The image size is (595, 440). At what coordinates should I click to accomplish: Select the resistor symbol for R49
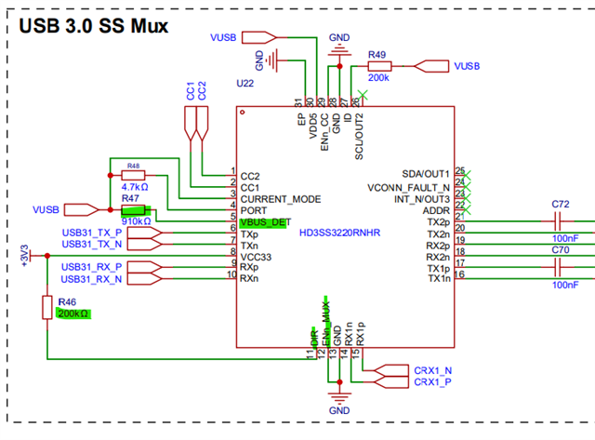378,66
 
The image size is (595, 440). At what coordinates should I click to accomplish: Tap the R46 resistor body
46,307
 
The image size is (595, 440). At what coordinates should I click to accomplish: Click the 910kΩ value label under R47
136,221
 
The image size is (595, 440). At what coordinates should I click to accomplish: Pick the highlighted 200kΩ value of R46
73,314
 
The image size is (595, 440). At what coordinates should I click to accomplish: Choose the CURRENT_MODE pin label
281,199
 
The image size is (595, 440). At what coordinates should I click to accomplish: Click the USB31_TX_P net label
91,232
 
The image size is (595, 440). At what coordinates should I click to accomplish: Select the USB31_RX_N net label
91,279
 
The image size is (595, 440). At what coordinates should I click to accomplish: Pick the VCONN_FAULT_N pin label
410,186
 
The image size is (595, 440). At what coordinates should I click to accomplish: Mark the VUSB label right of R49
464,66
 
